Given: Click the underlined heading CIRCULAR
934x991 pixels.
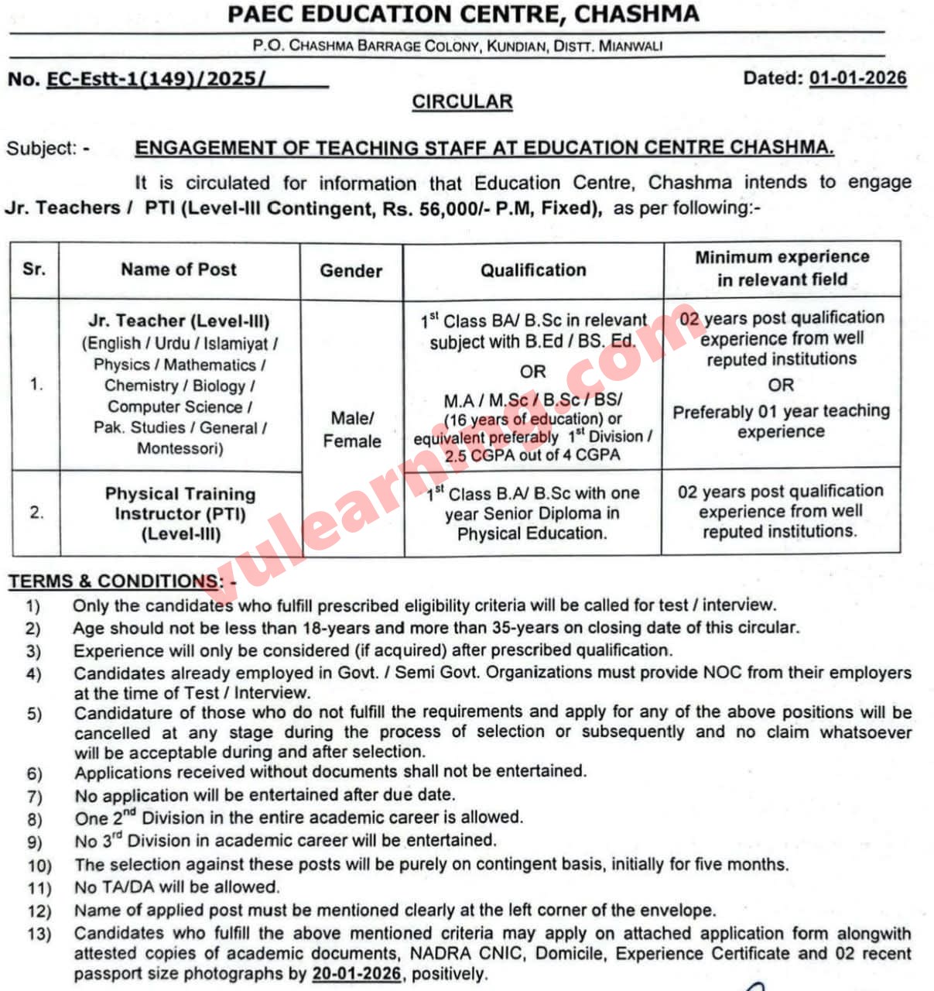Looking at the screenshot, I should [x=462, y=102].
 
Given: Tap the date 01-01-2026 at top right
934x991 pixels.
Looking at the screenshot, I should [x=857, y=77].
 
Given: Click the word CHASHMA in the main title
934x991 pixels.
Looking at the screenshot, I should [x=637, y=13].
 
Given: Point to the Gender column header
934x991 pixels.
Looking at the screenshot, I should [x=351, y=270].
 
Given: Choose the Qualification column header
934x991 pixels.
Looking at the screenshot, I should [x=533, y=270].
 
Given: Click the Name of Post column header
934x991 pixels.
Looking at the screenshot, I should [x=179, y=269].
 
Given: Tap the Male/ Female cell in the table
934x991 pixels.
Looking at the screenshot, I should [x=352, y=430].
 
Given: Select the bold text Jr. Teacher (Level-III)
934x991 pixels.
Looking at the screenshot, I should [x=179, y=321].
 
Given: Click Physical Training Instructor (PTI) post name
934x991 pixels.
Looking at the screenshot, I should [x=180, y=504].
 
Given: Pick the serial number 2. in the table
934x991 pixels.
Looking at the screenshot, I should [x=36, y=513].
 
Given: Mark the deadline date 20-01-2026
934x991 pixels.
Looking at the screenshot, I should [x=357, y=974].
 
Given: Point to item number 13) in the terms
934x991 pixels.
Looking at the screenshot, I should [x=39, y=934].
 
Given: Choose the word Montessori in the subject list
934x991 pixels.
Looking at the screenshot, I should [x=179, y=448].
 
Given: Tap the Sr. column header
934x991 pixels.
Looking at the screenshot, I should [x=34, y=269].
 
